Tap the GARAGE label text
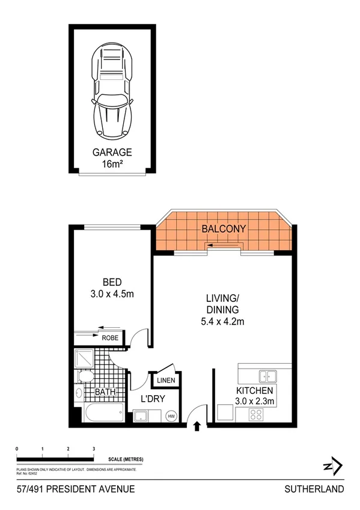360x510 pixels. [x=112, y=152]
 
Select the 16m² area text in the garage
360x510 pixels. [x=112, y=164]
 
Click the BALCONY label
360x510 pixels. [x=224, y=229]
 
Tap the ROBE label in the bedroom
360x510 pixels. [x=109, y=338]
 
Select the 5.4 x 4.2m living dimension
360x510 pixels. [x=223, y=322]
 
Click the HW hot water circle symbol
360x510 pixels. [x=172, y=416]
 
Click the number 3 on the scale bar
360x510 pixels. [x=94, y=449]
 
